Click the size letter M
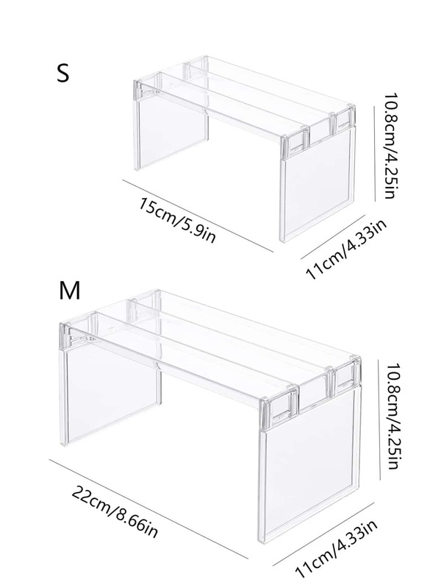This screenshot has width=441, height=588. click(69, 291)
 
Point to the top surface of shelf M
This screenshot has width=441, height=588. click(220, 339)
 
